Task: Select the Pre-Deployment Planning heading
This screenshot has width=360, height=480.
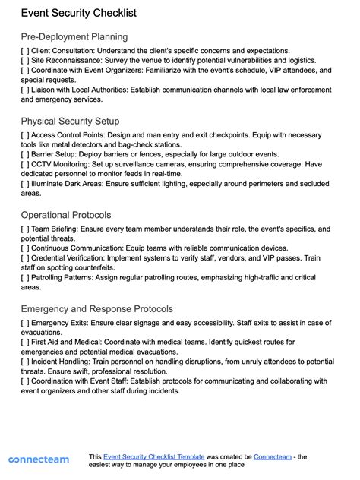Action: click(74, 36)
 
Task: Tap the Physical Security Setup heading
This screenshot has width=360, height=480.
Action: click(70, 121)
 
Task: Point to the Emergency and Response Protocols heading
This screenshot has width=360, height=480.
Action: click(97, 309)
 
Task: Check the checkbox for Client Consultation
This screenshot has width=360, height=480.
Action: click(25, 51)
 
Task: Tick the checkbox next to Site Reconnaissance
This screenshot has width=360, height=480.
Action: click(25, 61)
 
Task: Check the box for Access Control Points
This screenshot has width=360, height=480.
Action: click(25, 135)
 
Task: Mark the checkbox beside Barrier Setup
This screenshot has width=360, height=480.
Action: click(25, 154)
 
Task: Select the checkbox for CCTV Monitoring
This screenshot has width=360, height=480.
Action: click(25, 163)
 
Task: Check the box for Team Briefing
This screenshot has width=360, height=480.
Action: click(25, 229)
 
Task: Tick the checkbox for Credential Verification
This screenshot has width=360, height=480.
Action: click(25, 257)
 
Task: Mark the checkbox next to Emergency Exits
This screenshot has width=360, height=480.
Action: click(25, 323)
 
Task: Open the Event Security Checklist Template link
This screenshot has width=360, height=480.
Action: click(154, 457)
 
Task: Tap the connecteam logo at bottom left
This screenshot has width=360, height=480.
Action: click(39, 459)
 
